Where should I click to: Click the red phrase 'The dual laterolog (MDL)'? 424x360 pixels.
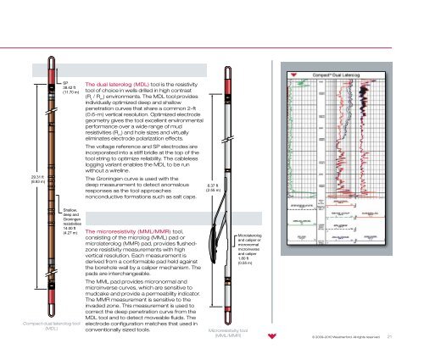(119, 86)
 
